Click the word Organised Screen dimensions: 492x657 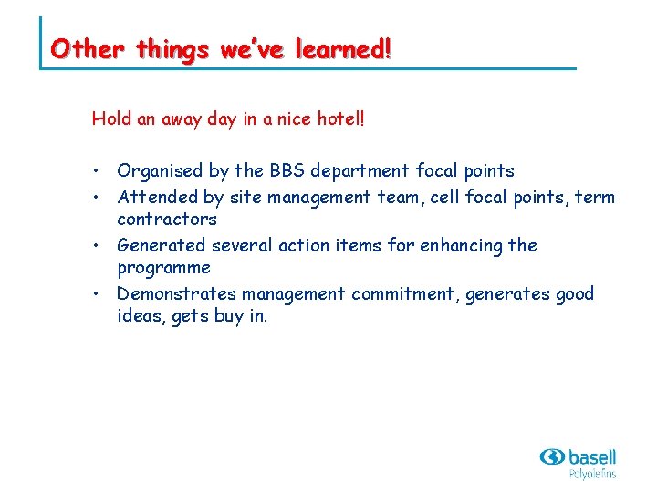pyautogui.click(x=161, y=171)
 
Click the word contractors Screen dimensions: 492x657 pyautogui.click(x=167, y=220)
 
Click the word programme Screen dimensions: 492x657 pyautogui.click(x=164, y=269)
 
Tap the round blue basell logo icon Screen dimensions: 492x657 pyautogui.click(x=552, y=456)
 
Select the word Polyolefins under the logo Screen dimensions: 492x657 pyautogui.click(x=592, y=474)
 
